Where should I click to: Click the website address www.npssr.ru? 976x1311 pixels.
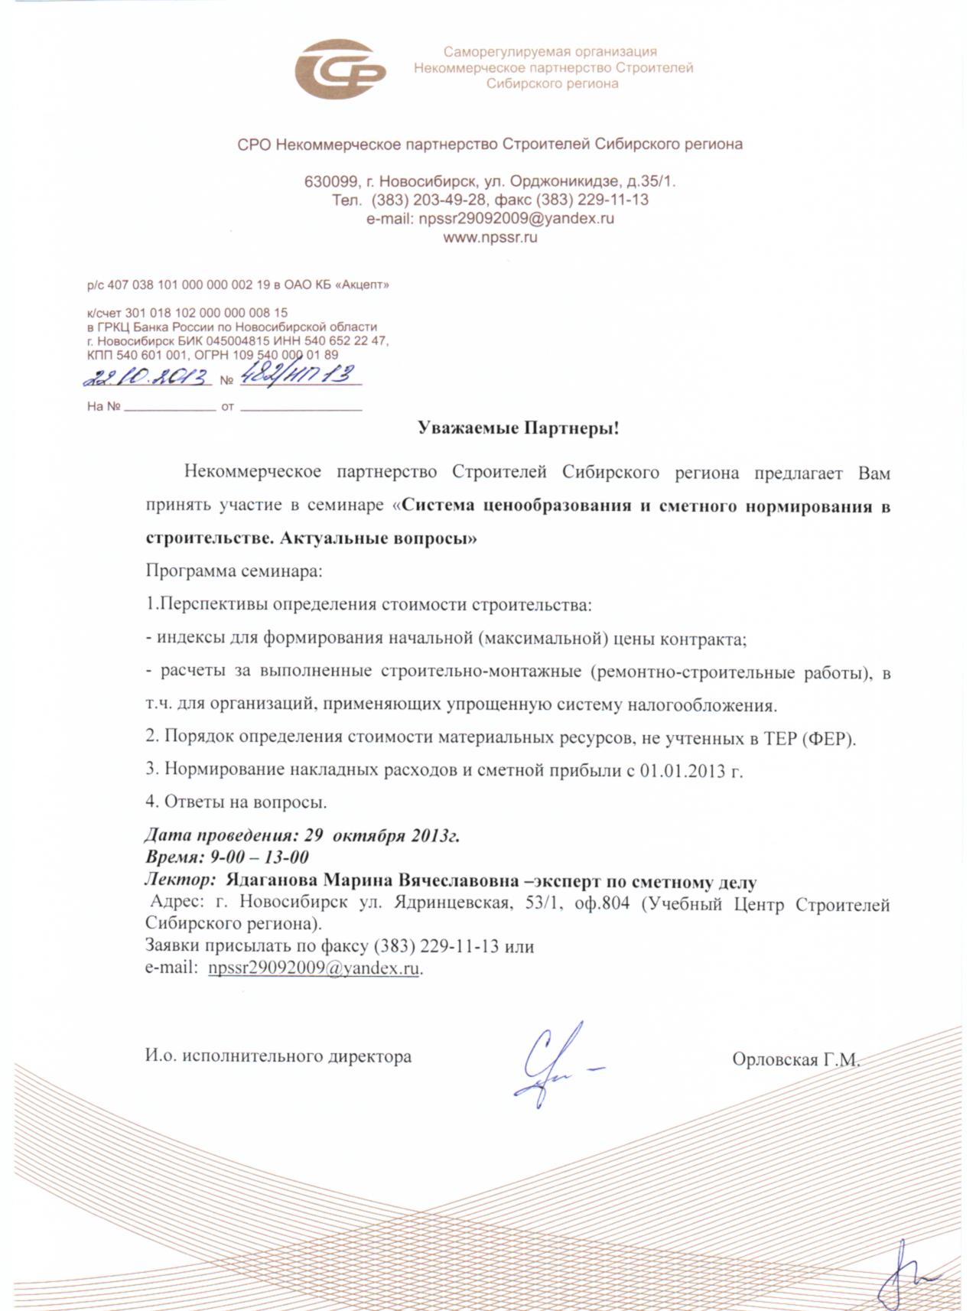[x=490, y=237]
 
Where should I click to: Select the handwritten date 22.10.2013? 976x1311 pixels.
[x=148, y=376]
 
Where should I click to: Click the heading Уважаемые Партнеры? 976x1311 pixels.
[x=518, y=428]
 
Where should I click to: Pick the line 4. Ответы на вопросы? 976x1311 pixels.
[x=236, y=802]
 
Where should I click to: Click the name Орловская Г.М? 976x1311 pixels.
[x=795, y=1060]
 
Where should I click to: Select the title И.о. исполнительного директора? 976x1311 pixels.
[x=278, y=1057]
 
